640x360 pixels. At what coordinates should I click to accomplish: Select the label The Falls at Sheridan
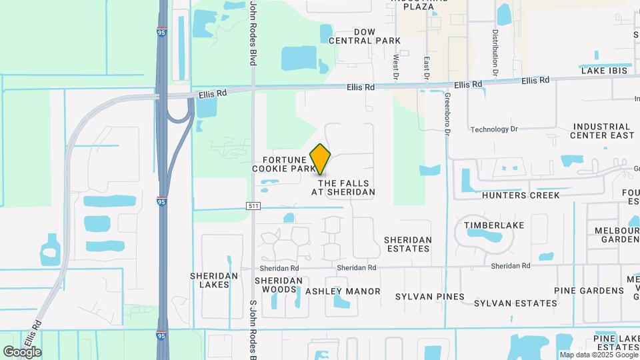343,187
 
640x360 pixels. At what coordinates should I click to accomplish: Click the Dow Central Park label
365,36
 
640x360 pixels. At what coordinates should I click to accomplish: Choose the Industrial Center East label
603,131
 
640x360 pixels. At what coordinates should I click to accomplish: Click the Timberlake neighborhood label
494,225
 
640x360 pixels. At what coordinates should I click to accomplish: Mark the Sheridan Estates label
408,244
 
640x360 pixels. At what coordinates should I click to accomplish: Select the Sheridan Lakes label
209,280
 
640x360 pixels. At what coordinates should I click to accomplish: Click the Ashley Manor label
343,291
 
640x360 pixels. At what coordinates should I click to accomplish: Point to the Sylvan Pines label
425,296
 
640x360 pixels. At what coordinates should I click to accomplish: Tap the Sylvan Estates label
515,303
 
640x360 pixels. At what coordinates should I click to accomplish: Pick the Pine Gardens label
589,291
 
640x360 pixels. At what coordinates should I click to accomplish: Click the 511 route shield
253,206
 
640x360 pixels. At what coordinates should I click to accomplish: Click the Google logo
22,352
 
